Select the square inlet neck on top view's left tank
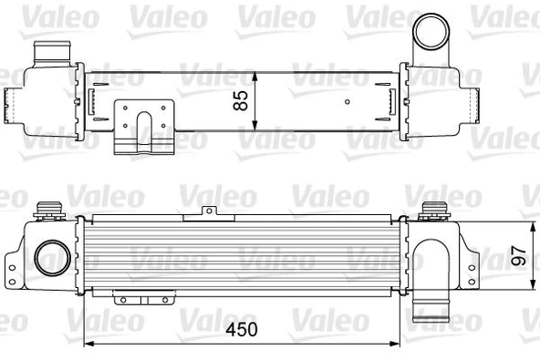coord(45,55)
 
